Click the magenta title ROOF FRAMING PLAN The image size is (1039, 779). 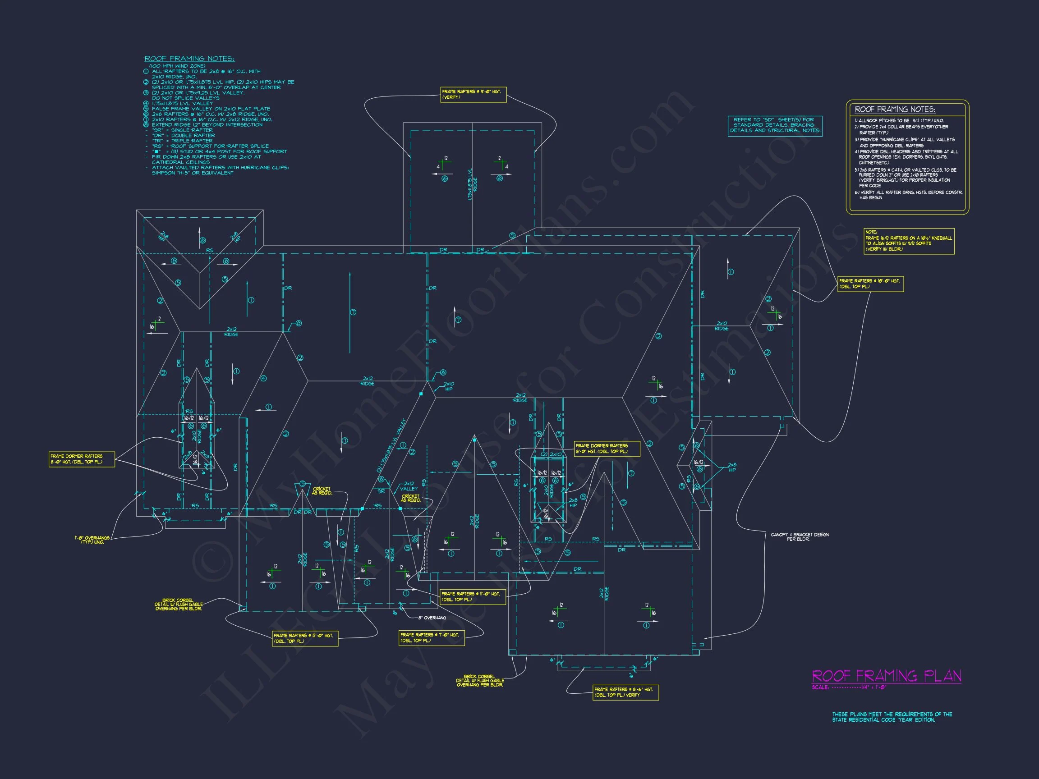click(x=886, y=676)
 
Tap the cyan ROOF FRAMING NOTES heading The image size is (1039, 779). click(x=189, y=59)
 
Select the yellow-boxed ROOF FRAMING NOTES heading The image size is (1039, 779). click(x=895, y=110)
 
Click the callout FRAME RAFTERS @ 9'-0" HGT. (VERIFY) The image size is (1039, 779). click(x=473, y=94)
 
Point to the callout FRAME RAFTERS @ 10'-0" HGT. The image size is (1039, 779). click(x=870, y=284)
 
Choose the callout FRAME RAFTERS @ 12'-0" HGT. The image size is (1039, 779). click(x=304, y=638)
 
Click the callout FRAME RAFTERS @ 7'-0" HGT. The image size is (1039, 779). click(x=431, y=637)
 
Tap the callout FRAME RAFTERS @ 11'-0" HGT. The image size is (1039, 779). click(x=472, y=597)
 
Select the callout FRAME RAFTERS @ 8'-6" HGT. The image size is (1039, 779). click(x=625, y=692)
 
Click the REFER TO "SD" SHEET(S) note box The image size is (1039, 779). click(x=775, y=125)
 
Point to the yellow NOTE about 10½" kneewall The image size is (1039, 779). click(x=909, y=241)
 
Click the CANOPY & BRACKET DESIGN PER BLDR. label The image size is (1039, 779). click(x=800, y=537)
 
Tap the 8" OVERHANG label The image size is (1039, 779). click(x=431, y=618)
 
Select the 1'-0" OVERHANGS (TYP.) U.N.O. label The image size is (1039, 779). click(x=92, y=540)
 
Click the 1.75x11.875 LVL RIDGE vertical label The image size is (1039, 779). click(x=472, y=184)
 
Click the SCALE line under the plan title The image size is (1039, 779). click(x=849, y=687)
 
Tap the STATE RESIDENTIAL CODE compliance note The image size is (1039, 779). click(x=892, y=717)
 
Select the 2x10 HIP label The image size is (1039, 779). click(x=449, y=386)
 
